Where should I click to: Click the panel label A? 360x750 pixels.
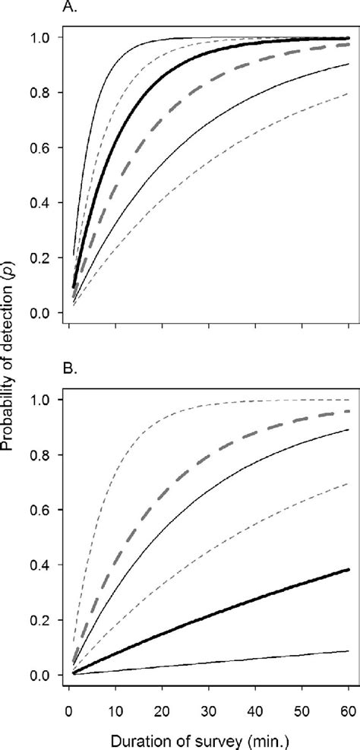[68, 10]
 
